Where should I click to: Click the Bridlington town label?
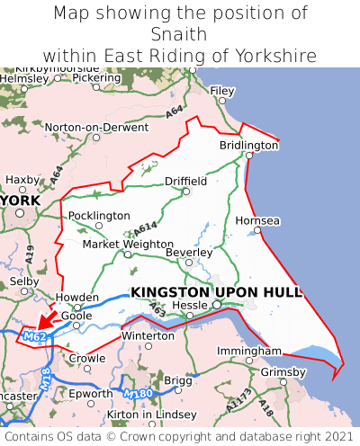pos(249,145)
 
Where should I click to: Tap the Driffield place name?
pos(185,181)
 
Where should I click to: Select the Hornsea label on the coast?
pos(257,220)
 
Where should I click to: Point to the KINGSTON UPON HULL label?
pos(217,292)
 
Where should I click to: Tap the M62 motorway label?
pos(35,337)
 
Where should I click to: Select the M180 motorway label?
pos(139,394)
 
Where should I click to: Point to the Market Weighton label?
pos(128,245)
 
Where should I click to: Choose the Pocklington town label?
pos(99,216)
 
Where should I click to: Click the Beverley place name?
pos(189,253)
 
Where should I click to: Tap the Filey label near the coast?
pos(221,91)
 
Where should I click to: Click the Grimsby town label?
pos(283,371)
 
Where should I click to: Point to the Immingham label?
pos(243,352)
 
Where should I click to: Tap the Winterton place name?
pos(148,335)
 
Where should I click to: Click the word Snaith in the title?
pos(180,34)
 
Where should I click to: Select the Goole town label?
pos(76,317)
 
